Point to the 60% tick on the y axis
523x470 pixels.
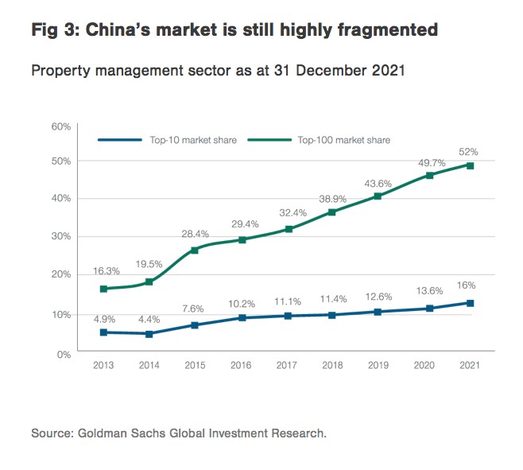tap(60, 126)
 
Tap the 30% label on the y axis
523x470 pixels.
tap(60, 237)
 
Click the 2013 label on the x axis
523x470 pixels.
tap(103, 364)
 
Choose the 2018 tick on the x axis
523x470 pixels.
tap(331, 364)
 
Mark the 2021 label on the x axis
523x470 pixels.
tap(470, 364)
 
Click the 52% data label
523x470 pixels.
tap(470, 152)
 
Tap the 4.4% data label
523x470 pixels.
tap(149, 319)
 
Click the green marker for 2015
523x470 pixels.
tap(195, 251)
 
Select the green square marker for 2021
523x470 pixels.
tap(470, 165)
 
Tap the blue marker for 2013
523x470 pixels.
tap(103, 332)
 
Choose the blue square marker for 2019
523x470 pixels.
tap(378, 312)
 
